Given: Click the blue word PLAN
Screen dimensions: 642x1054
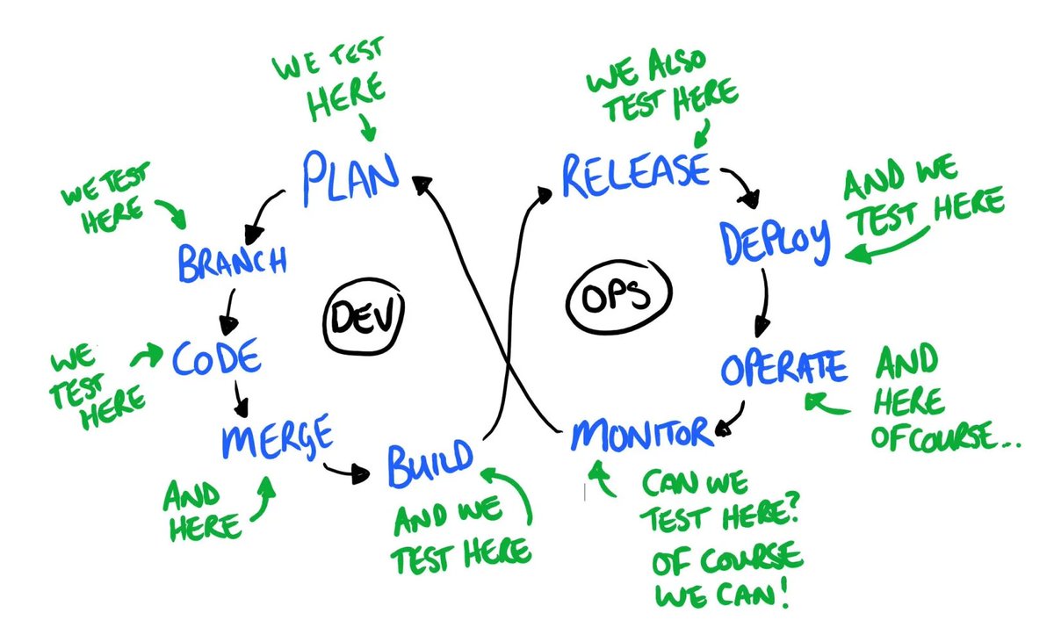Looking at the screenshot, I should click(x=350, y=175).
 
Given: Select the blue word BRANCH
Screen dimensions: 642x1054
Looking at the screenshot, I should click(x=232, y=261).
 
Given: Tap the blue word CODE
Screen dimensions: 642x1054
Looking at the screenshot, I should click(x=217, y=357).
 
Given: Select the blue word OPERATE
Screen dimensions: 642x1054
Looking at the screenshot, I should click(x=784, y=368).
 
